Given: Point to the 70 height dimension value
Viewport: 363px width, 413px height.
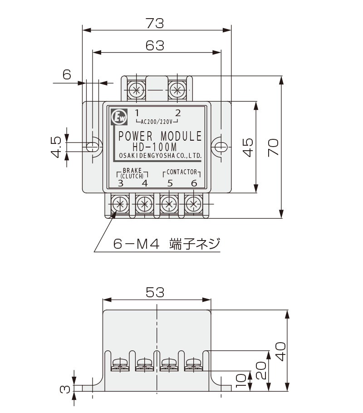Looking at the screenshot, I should point(273,147).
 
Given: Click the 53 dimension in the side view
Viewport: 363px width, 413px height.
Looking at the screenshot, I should point(155,293).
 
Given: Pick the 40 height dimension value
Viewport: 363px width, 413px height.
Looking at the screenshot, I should point(282,350).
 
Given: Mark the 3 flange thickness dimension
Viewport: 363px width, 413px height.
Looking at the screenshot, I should point(65,388).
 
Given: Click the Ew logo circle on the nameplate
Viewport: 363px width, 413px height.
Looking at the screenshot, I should point(120,118).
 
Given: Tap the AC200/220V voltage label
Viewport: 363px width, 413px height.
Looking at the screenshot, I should point(157,122).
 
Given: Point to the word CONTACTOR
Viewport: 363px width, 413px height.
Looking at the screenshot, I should point(181,172).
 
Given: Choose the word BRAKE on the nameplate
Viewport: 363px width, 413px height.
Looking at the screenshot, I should point(132,170).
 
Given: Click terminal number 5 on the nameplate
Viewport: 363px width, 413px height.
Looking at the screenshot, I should point(170,183).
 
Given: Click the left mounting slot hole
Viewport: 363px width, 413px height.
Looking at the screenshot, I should point(93,147).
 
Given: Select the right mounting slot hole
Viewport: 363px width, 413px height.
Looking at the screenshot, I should point(221,147).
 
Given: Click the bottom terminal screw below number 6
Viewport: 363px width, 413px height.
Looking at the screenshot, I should point(194,204).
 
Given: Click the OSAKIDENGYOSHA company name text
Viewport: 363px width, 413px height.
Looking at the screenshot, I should point(160,156).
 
